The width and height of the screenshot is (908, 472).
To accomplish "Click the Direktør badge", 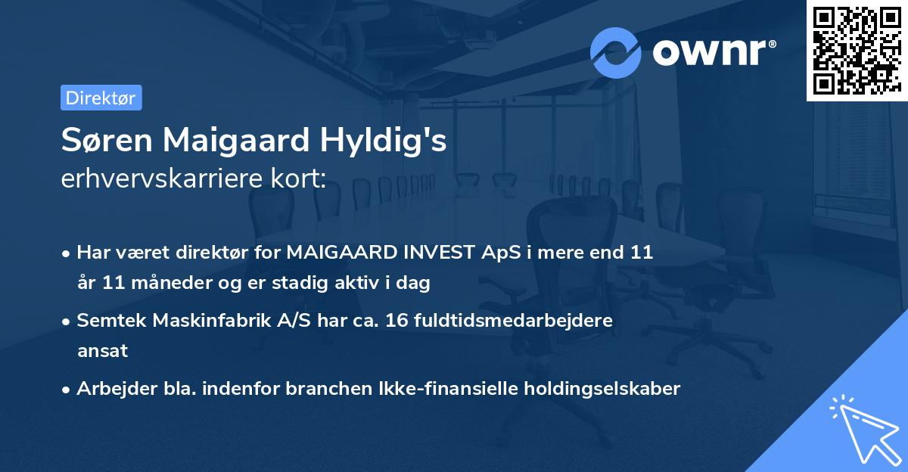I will click(x=101, y=98).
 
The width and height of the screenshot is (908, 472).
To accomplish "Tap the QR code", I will click(x=857, y=50).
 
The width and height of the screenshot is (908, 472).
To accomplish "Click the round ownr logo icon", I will click(x=616, y=52).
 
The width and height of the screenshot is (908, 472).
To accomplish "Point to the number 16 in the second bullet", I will click(x=395, y=321).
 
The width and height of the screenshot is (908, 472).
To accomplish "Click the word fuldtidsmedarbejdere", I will click(x=512, y=321).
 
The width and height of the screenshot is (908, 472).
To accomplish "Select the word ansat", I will click(x=102, y=351).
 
